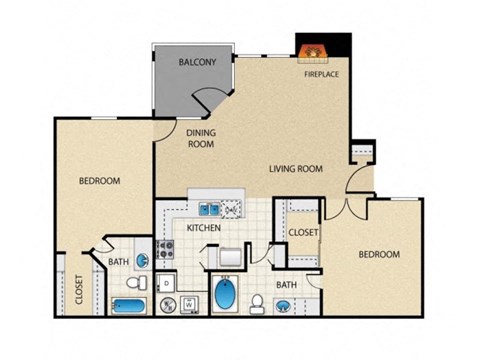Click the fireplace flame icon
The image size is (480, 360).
(312, 48)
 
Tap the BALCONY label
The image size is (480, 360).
(197, 62)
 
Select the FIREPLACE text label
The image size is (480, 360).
(323, 73)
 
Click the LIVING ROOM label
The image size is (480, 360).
(295, 169)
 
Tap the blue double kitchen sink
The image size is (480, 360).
(210, 209)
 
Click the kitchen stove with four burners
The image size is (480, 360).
(164, 251)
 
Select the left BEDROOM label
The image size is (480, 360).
(100, 181)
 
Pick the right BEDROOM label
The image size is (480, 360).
(379, 255)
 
